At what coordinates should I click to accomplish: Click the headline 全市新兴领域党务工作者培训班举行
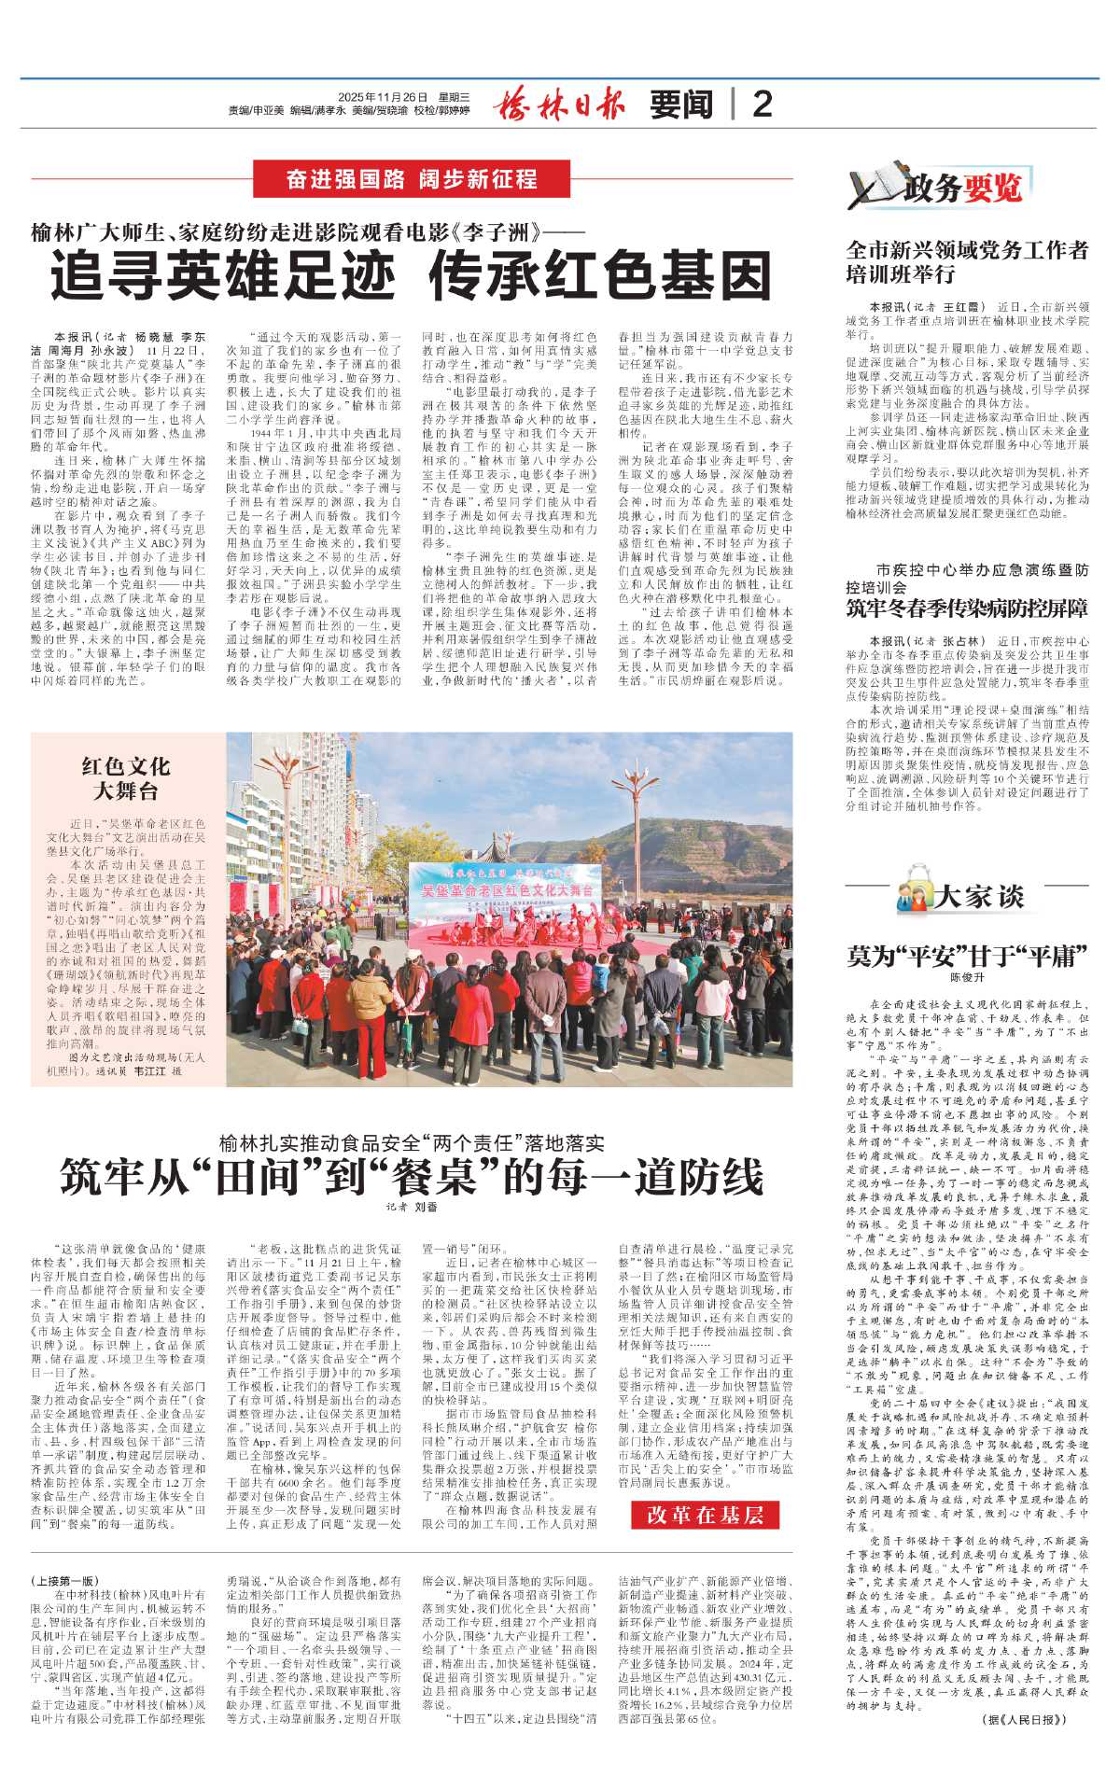click(967, 262)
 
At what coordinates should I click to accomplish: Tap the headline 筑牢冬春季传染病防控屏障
click(967, 608)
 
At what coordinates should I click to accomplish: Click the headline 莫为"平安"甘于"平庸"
click(967, 956)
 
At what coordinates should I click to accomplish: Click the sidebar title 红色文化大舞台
click(126, 778)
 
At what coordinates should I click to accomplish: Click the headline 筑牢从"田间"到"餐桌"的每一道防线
click(412, 1177)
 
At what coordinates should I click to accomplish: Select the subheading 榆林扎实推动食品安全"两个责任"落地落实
click(412, 1142)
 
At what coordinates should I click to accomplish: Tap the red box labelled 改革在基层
click(706, 1514)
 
